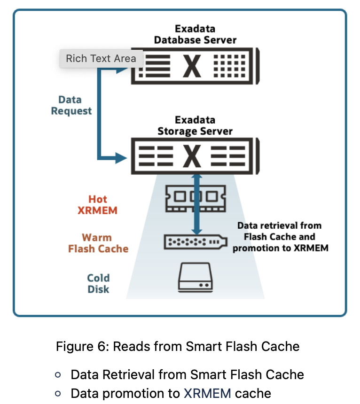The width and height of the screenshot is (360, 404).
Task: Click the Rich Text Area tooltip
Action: point(101,59)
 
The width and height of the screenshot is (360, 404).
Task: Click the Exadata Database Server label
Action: point(195,34)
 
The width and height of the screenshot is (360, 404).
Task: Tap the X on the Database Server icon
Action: point(192,66)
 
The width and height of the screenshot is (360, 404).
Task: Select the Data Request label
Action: point(71,105)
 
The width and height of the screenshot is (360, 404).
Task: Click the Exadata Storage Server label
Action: point(195,125)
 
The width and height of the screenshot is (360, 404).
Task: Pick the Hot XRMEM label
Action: point(97,205)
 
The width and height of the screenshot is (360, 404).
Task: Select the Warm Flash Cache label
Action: point(98,243)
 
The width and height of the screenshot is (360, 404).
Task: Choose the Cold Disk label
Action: point(98,283)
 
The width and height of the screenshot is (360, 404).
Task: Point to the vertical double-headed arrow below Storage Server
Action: point(197,204)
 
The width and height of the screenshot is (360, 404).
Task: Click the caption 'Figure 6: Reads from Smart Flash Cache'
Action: point(178,347)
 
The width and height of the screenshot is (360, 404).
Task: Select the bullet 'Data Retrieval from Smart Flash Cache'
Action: point(187,374)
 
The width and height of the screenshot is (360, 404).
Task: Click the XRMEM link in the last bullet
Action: point(207,393)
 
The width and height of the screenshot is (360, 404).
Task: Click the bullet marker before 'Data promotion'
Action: point(58,393)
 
